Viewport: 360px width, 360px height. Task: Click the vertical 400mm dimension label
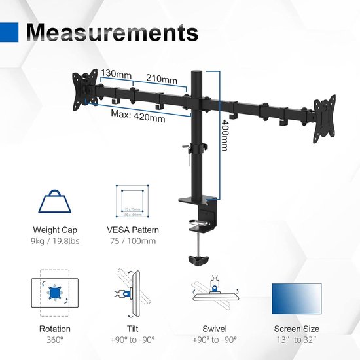pos(225,135)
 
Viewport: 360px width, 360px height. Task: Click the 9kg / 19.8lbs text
pos(55,242)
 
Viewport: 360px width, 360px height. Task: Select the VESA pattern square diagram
pos(132,200)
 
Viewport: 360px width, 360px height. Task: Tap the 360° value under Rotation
pos(54,340)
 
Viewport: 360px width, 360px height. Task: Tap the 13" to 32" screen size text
pos(297,340)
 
